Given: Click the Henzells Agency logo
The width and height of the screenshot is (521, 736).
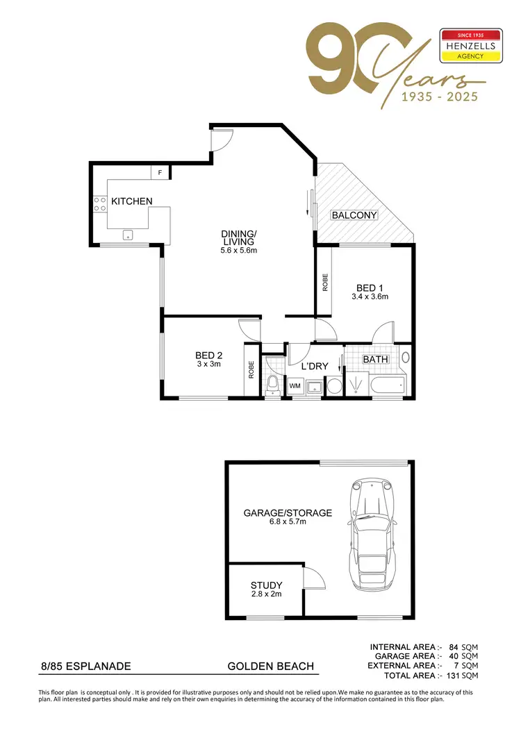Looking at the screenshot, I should [471, 47].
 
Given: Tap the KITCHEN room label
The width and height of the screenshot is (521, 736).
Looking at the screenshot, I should [132, 201].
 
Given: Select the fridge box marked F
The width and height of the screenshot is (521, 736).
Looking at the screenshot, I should [160, 172].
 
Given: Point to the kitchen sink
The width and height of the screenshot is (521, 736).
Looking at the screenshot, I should [128, 235].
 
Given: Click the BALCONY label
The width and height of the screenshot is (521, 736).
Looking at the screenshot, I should [354, 215].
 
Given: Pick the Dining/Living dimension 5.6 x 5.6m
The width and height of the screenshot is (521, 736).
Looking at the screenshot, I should [239, 251].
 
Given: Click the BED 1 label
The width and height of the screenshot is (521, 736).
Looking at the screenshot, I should [370, 287].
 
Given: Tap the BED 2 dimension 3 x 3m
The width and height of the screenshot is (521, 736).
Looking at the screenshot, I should [208, 364].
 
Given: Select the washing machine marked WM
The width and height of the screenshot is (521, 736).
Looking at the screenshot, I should [295, 385].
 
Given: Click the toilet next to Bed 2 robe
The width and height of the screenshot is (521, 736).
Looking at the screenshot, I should [273, 383].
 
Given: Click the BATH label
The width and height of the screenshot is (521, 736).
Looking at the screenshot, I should [375, 360].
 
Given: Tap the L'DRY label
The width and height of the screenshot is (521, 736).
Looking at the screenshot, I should [314, 365].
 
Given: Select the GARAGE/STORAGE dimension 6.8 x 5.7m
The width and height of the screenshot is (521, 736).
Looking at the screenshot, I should [287, 522].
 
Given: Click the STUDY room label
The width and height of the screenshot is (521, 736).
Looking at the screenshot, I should [267, 585].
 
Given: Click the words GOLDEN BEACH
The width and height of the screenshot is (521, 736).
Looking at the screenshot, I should [272, 667].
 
